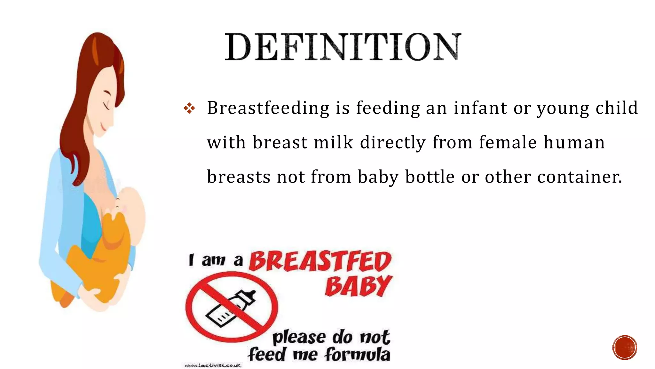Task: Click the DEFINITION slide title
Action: pos(343,47)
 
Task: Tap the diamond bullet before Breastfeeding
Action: pos(189,108)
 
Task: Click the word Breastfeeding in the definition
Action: pos(268,108)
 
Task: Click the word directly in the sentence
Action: pos(393,143)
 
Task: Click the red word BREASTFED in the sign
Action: pos(320,261)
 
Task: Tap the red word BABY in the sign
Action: pos(358,286)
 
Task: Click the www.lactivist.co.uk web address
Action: pos(212,365)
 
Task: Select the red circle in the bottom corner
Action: pos(625,348)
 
